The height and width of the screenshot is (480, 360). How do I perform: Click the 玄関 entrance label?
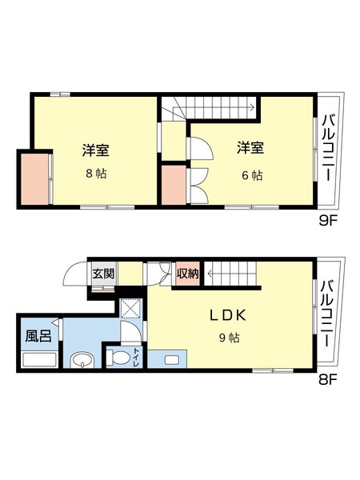(x=103, y=274)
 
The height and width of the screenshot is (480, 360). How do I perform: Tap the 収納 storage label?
(x=188, y=274)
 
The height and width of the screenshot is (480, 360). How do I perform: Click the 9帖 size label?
(x=229, y=338)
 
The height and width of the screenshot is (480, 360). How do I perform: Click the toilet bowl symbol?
(x=121, y=357)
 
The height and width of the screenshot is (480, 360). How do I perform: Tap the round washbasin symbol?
(x=81, y=362)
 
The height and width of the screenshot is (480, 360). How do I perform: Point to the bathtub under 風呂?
(x=38, y=358)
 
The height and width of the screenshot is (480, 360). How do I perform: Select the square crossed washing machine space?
(x=129, y=309)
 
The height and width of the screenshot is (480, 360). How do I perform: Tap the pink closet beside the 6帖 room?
(x=172, y=185)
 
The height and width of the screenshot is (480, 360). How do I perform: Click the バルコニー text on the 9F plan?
(x=329, y=150)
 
